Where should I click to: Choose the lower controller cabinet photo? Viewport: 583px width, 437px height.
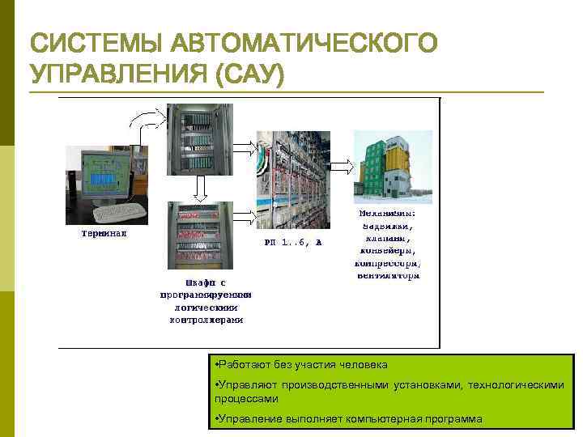click(199, 235)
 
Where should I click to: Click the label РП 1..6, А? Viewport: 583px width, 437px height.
click(293, 242)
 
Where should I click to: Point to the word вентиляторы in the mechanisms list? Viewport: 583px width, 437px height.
click(388, 275)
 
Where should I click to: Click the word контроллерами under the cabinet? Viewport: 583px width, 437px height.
click(205, 320)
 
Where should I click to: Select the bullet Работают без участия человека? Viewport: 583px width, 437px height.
click(300, 365)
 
